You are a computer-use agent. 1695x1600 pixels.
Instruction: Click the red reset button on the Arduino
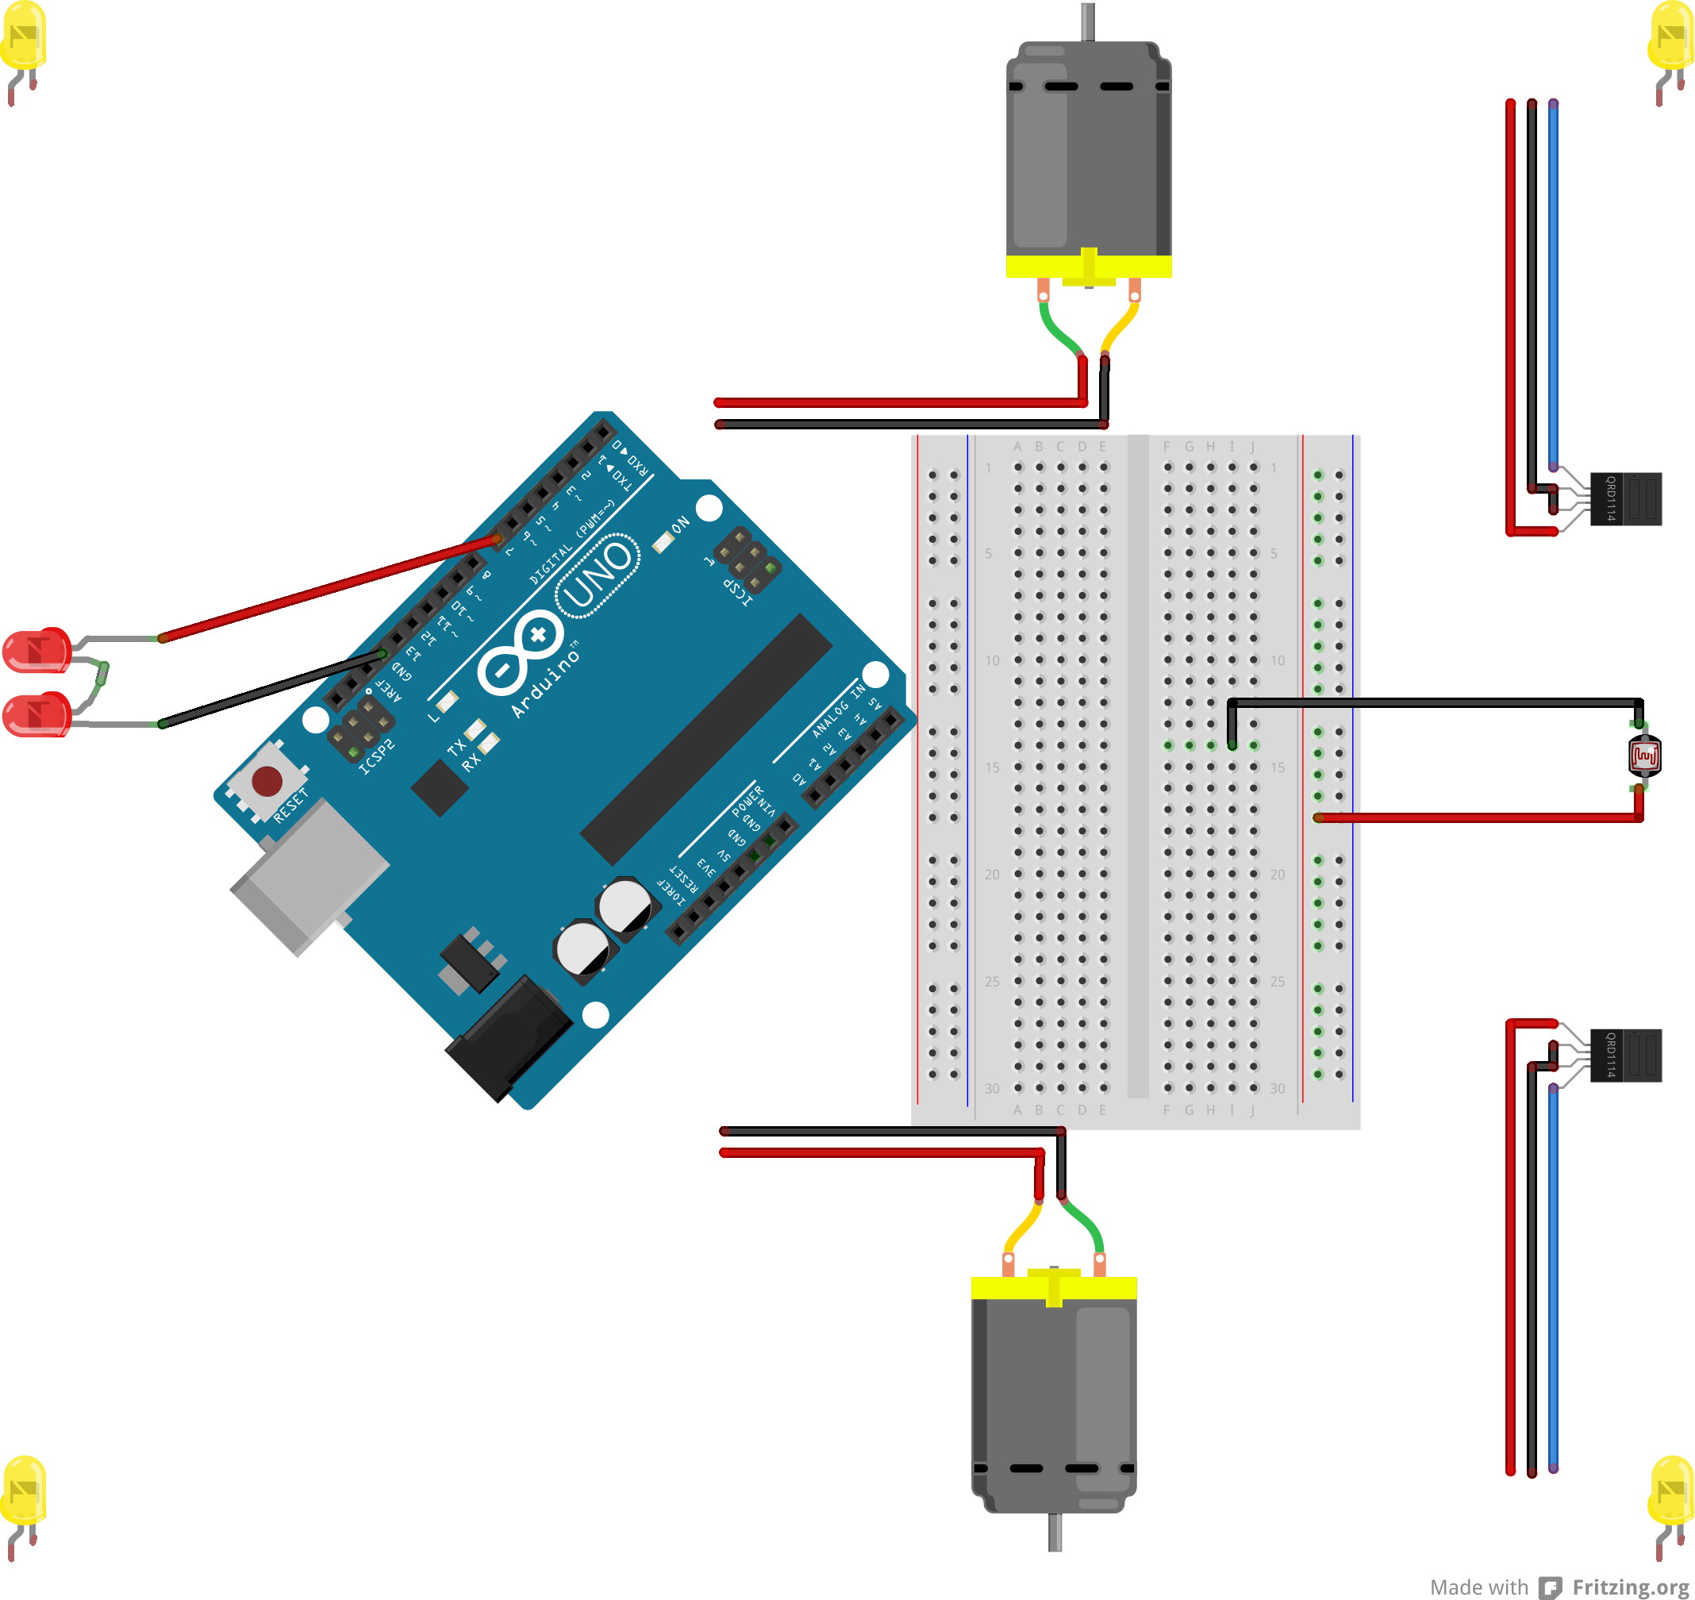point(267,779)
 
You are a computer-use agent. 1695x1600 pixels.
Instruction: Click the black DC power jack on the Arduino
point(510,1039)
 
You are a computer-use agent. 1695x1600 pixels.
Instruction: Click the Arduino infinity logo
point(519,652)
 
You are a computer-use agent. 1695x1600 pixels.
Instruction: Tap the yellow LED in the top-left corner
point(23,36)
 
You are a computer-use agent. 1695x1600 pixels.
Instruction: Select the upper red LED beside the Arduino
point(37,650)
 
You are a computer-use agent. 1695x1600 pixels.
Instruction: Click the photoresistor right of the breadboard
point(1644,756)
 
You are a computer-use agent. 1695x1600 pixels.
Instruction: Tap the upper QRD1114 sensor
point(1625,499)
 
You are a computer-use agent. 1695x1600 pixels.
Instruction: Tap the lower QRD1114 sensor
point(1625,1056)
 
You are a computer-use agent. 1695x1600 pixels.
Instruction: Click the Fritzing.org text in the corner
point(1630,1587)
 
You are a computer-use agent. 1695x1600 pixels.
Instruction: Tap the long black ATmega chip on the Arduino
point(706,739)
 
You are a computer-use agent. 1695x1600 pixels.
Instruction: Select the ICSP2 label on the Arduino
point(376,756)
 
